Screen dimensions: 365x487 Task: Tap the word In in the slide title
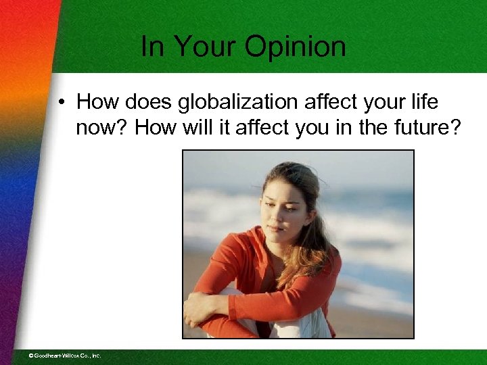pyautogui.click(x=154, y=47)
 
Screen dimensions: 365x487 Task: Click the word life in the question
pyautogui.click(x=424, y=103)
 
